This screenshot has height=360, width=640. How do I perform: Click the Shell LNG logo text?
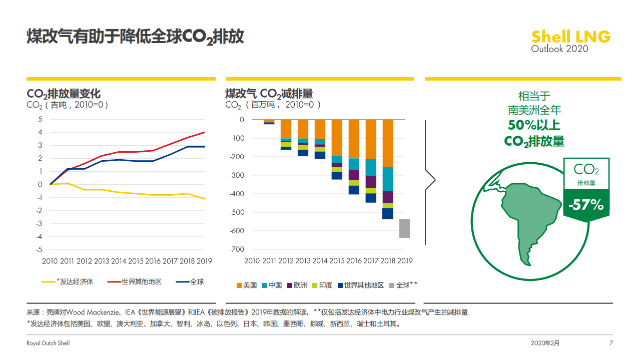point(570,37)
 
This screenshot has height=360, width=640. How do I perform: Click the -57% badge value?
point(586,205)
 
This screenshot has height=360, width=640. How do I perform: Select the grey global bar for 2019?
point(404,228)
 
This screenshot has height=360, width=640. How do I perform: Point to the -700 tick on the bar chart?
point(237,249)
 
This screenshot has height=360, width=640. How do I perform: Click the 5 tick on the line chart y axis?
point(40,119)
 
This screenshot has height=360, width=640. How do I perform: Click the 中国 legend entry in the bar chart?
point(271,285)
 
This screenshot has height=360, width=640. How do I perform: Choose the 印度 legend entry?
point(322,285)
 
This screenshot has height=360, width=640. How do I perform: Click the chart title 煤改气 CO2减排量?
point(269,94)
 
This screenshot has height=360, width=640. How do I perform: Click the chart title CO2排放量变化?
point(64,94)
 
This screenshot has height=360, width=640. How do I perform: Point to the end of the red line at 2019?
point(205,132)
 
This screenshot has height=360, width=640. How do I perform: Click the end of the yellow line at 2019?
point(205,199)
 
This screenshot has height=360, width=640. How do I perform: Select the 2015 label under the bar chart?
point(337,261)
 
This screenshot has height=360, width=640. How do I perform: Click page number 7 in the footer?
point(611,343)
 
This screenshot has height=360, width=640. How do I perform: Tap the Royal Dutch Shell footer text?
point(48,343)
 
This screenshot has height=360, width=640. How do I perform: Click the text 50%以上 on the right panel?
point(534,125)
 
